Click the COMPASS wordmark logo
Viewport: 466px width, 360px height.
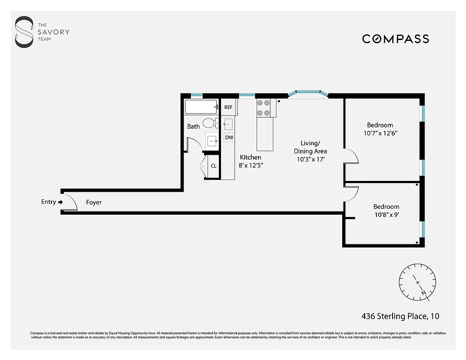[x=395, y=39]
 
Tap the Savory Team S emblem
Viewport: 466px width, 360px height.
[x=24, y=32]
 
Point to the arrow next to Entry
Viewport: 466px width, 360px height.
[x=60, y=202]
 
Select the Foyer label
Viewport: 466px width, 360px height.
[x=94, y=202]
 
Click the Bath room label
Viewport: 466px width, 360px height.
[x=193, y=126]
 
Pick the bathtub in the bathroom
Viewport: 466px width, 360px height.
[x=201, y=107]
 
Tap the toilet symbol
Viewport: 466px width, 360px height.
[x=208, y=123]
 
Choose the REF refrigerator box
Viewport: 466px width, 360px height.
[x=228, y=107]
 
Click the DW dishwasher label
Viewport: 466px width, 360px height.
[x=229, y=137]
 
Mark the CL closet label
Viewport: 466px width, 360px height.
[x=213, y=166]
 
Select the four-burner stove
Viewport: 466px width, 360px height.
[x=263, y=108]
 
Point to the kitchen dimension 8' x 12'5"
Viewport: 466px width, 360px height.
[x=251, y=165]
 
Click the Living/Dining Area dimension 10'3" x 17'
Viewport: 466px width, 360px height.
[x=310, y=159]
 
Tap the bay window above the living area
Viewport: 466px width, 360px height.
[x=308, y=94]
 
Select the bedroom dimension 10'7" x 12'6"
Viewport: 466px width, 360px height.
[x=380, y=133]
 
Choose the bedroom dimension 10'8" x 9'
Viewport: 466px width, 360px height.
[x=386, y=215]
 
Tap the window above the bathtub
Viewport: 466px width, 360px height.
[x=196, y=95]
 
